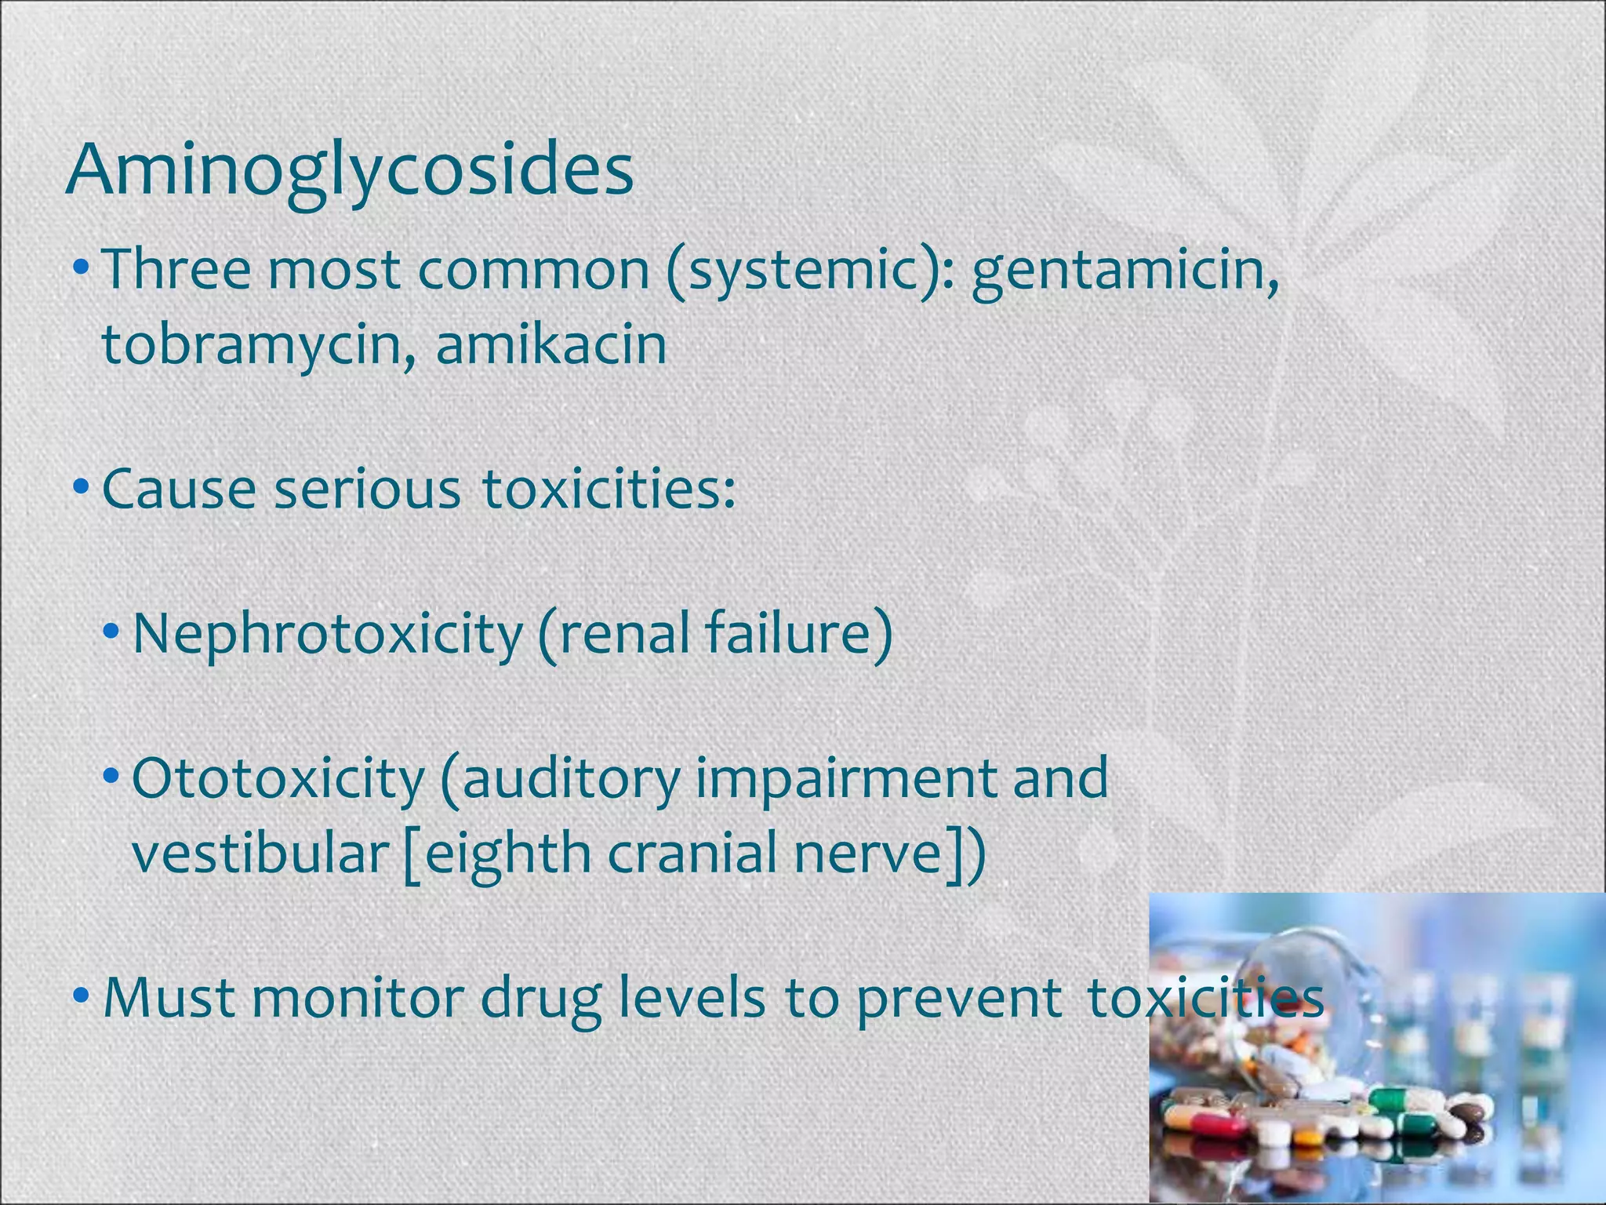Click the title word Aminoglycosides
tap(350, 171)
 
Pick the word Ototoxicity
tap(278, 778)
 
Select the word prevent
tap(958, 999)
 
